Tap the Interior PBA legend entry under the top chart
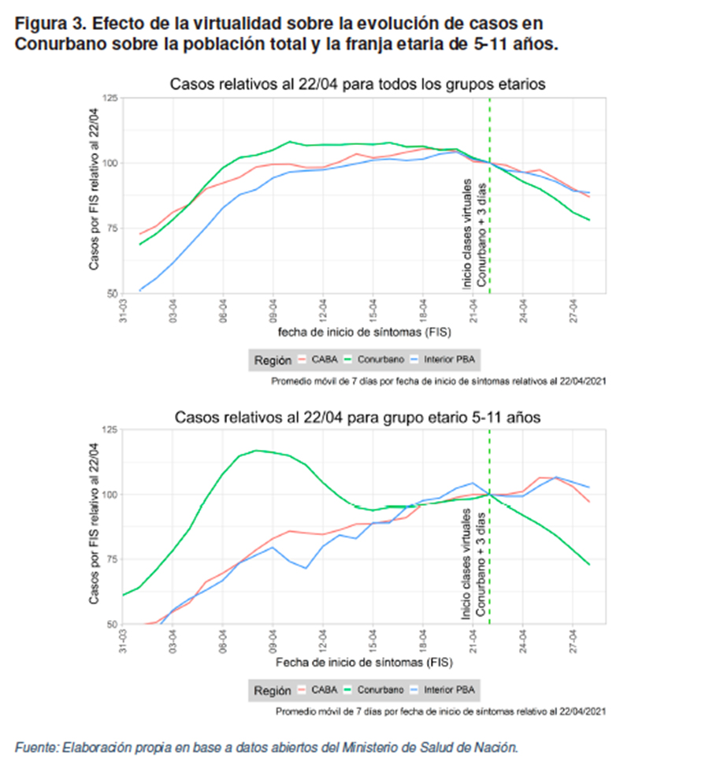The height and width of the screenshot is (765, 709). (x=448, y=359)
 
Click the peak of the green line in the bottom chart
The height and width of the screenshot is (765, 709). (x=256, y=451)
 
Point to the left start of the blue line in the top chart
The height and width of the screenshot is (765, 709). (x=140, y=291)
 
